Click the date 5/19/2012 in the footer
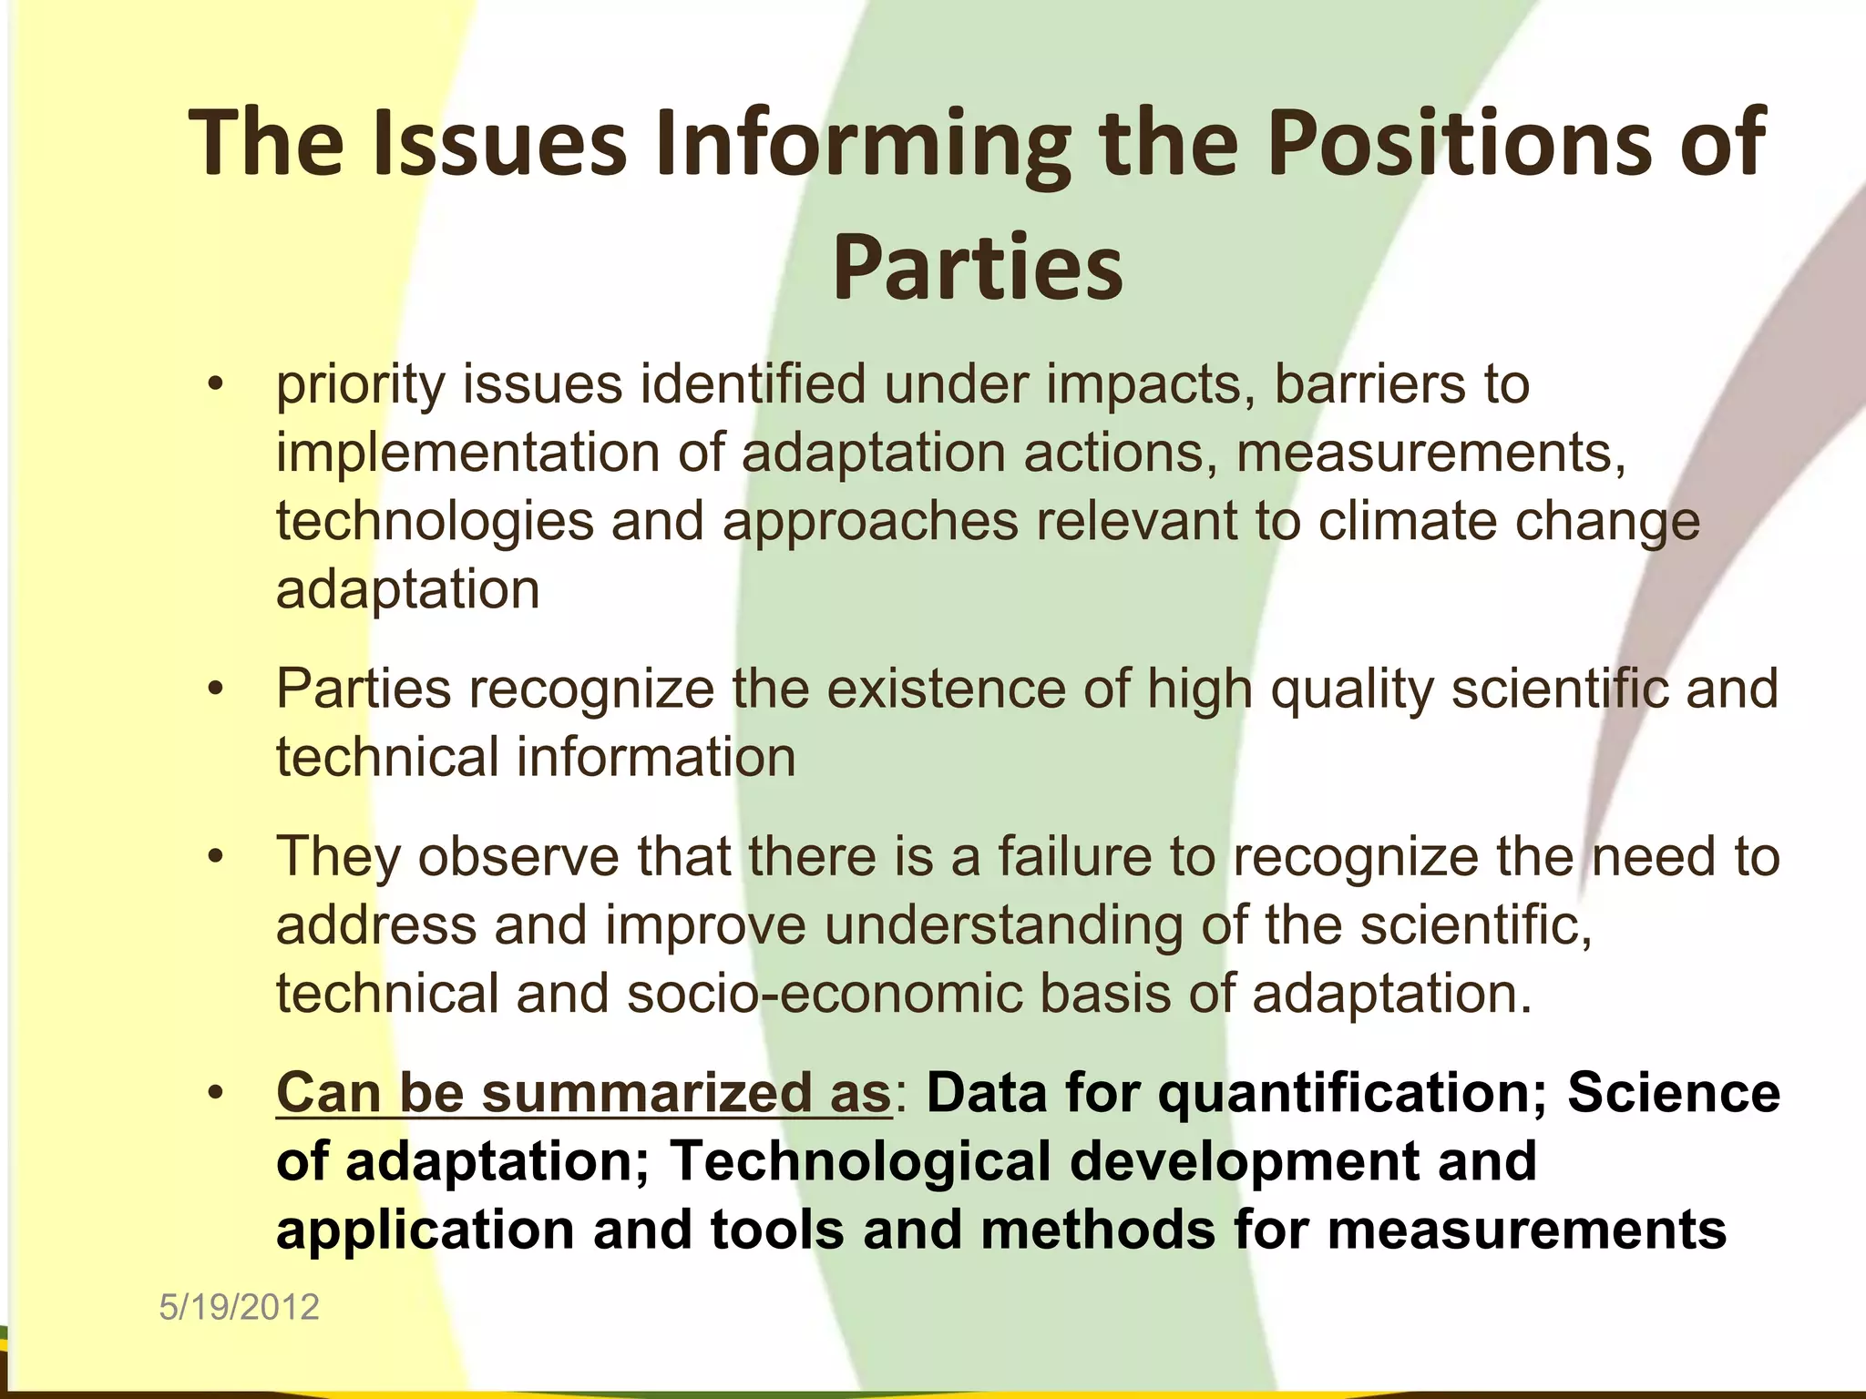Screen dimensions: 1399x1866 click(x=239, y=1307)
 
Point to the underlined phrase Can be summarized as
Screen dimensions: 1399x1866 click(x=583, y=1093)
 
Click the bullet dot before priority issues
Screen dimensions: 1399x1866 click(x=215, y=383)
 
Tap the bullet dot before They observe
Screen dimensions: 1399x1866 click(x=215, y=857)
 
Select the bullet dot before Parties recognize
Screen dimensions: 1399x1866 click(x=215, y=689)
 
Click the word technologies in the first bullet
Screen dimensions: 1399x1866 click(x=435, y=523)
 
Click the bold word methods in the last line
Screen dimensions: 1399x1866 click(x=1097, y=1230)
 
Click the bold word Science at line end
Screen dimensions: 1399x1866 click(x=1673, y=1093)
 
